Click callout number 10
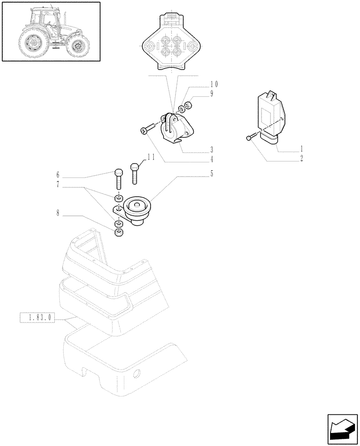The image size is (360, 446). click(214, 84)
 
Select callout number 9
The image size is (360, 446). click(212, 94)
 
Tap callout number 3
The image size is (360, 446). click(212, 149)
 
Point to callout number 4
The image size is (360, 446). click(212, 159)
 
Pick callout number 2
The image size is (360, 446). click(302, 158)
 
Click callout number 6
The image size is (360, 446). click(57, 174)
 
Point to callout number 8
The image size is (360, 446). click(57, 213)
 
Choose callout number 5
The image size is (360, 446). click(212, 174)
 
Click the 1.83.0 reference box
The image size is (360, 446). click(37, 318)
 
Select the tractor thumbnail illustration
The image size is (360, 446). click(50, 31)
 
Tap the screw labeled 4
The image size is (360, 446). click(147, 129)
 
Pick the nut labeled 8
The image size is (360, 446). click(119, 233)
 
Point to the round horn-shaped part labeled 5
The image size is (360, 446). click(137, 210)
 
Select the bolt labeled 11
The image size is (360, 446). click(135, 173)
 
